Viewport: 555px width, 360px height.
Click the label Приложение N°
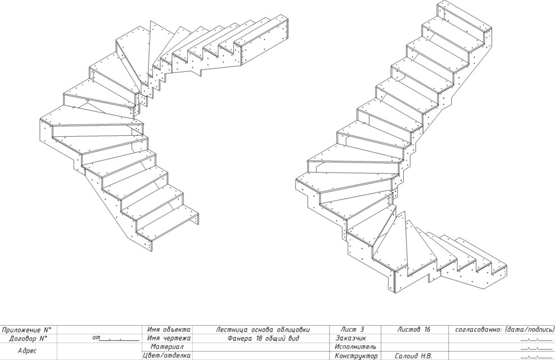point(26,330)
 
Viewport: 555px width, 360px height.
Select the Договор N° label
point(28,338)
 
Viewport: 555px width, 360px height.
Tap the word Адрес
point(27,351)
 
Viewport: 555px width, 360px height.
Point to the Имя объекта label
point(169,330)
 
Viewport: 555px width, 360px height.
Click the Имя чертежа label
point(169,338)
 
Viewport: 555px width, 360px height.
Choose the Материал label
point(166,347)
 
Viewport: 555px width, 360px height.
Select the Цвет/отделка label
point(166,356)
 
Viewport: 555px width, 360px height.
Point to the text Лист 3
point(352,330)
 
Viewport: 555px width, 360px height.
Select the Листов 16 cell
point(413,330)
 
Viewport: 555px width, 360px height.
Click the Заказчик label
point(350,338)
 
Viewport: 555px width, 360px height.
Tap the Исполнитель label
point(355,347)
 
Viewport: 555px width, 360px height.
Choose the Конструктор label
point(356,356)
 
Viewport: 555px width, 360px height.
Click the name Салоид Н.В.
point(413,356)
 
